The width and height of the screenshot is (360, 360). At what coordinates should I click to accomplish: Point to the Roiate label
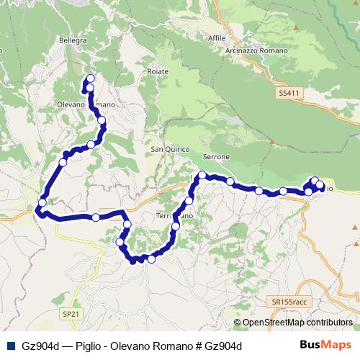(x=157, y=71)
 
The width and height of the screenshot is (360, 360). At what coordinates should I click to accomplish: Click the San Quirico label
(x=170, y=149)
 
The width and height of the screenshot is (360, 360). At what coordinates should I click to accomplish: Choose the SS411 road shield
(x=287, y=93)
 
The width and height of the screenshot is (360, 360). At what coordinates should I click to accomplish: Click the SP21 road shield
(x=71, y=315)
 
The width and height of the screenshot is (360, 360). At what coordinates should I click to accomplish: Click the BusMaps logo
(x=327, y=346)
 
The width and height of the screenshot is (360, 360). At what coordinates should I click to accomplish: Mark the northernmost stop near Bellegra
(x=90, y=79)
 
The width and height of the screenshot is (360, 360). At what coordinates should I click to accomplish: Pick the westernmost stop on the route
(x=42, y=204)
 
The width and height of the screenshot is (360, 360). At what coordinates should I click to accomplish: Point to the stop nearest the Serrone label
(x=203, y=175)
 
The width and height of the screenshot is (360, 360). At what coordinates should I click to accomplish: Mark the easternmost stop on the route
(x=320, y=185)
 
